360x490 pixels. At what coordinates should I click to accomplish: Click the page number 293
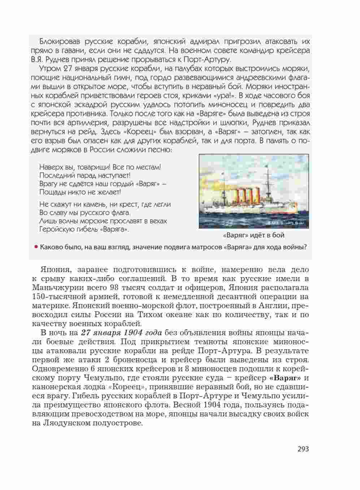point(303,449)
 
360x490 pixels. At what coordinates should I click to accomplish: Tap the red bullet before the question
point(36,247)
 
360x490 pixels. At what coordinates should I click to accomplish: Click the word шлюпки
point(231,123)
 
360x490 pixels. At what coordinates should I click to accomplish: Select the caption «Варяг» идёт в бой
point(253,235)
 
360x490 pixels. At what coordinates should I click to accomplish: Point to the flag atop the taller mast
point(267,167)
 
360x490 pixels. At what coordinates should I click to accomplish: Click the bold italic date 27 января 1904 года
point(121,333)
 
